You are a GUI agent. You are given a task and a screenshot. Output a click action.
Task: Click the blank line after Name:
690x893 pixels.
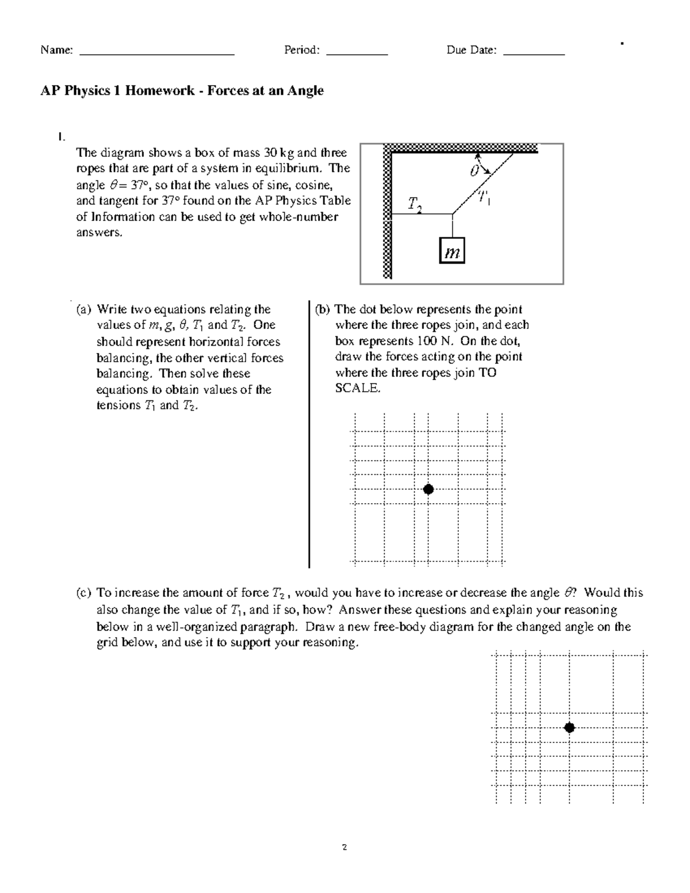[156, 53]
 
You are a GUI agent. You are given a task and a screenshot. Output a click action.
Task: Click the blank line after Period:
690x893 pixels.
[356, 53]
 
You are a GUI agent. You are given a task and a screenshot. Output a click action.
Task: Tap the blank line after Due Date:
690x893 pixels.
[534, 53]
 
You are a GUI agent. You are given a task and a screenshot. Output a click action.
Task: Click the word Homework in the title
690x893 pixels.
[160, 91]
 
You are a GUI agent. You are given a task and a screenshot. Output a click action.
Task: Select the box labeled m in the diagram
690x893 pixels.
[452, 251]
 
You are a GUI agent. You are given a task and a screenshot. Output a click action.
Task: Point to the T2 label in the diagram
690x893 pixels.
[415, 204]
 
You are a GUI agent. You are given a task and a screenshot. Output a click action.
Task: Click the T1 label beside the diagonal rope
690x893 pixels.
[482, 198]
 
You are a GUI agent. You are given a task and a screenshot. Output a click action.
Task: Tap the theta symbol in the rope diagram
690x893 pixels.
[474, 171]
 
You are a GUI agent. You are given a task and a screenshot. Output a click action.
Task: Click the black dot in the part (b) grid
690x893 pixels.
[428, 489]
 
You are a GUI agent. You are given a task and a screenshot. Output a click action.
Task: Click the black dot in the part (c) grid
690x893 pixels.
[569, 727]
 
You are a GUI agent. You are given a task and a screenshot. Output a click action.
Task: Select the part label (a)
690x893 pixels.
[84, 309]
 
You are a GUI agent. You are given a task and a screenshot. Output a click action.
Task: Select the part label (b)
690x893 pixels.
[322, 309]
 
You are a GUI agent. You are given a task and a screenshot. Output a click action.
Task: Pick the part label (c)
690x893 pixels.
[84, 593]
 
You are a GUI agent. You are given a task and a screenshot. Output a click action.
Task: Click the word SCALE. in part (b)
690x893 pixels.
[358, 388]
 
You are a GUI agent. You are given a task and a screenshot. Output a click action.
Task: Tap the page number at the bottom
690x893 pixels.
[344, 847]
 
